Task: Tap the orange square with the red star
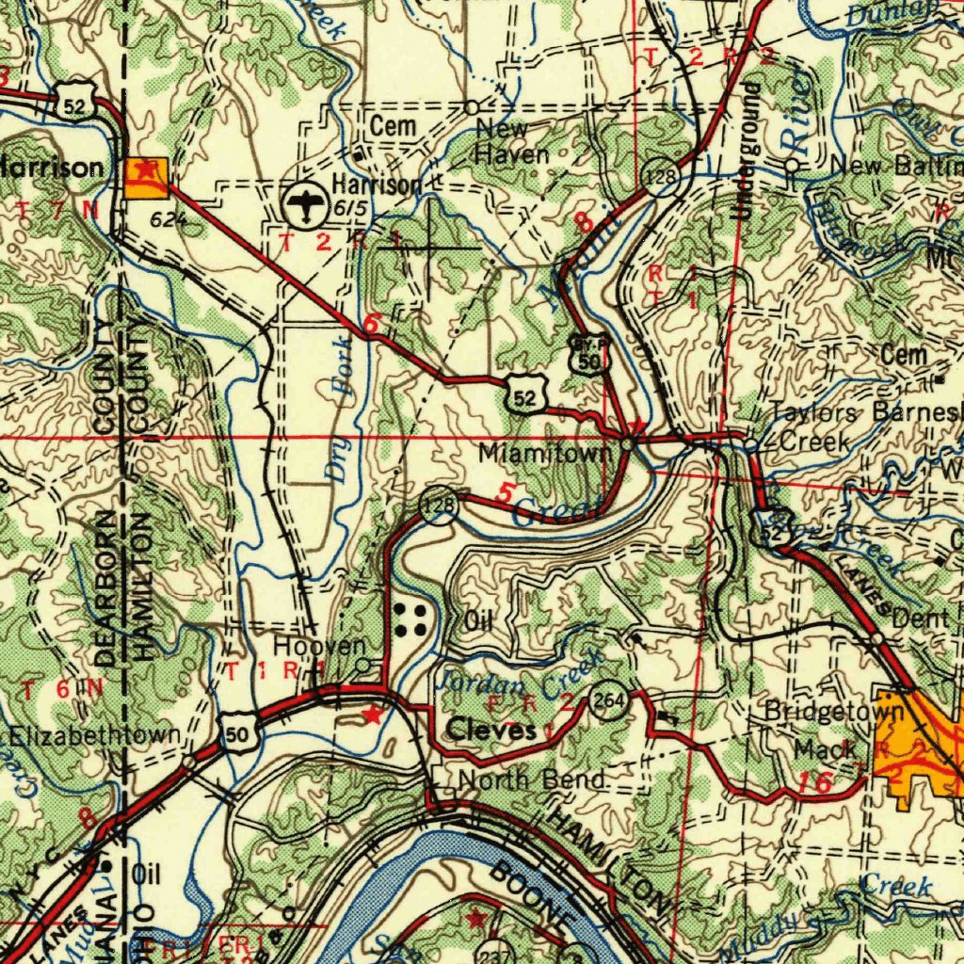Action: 146,176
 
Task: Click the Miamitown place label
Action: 545,454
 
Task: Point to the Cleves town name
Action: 491,730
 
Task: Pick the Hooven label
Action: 319,647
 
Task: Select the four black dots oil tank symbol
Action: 410,620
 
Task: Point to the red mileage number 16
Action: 813,781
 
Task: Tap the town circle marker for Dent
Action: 877,638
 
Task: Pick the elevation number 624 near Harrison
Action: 169,220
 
